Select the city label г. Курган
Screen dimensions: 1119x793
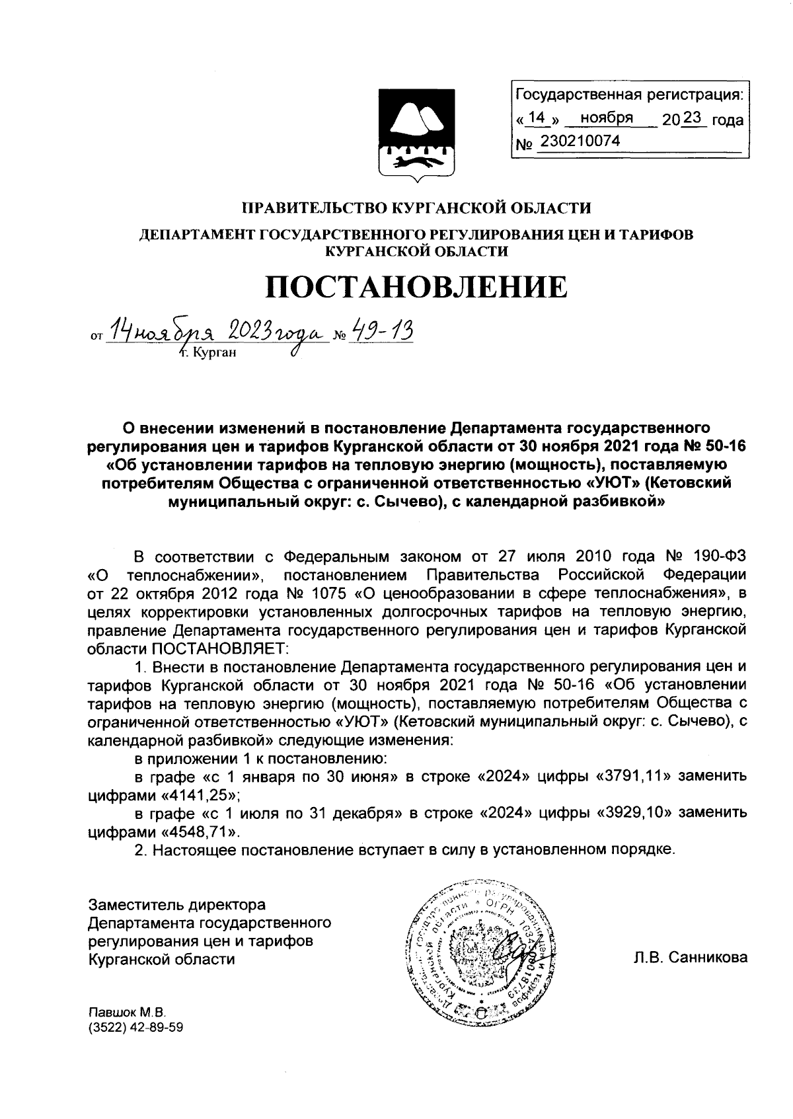click(x=208, y=353)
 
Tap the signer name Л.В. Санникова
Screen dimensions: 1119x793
click(x=691, y=958)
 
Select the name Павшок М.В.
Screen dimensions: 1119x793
click(x=127, y=1013)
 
